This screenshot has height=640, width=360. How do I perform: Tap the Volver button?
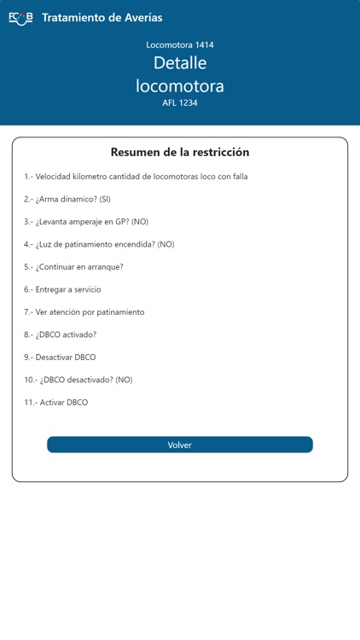tap(180, 445)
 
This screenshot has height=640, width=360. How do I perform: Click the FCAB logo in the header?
tap(20, 17)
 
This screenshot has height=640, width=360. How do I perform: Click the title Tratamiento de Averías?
tap(102, 17)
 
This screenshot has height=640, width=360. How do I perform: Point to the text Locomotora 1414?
tap(180, 44)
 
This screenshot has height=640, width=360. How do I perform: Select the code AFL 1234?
tap(180, 103)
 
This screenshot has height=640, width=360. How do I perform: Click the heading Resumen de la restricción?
tap(180, 152)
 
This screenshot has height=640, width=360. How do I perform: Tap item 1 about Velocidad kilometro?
tap(136, 177)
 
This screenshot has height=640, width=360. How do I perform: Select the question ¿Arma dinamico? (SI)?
tap(67, 199)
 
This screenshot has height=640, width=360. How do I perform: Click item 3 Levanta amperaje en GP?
tap(86, 222)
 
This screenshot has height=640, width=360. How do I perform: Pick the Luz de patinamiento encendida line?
tap(99, 244)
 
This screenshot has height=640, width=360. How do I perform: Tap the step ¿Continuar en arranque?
tap(73, 267)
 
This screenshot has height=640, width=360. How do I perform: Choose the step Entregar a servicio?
tap(62, 289)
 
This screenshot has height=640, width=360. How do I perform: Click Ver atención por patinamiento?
tap(84, 312)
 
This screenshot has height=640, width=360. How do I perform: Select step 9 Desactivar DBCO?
tap(61, 358)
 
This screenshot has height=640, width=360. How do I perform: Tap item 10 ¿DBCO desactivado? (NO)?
tap(78, 380)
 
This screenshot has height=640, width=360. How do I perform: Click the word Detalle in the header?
tap(180, 63)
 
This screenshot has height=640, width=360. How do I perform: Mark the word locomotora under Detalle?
tap(180, 85)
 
